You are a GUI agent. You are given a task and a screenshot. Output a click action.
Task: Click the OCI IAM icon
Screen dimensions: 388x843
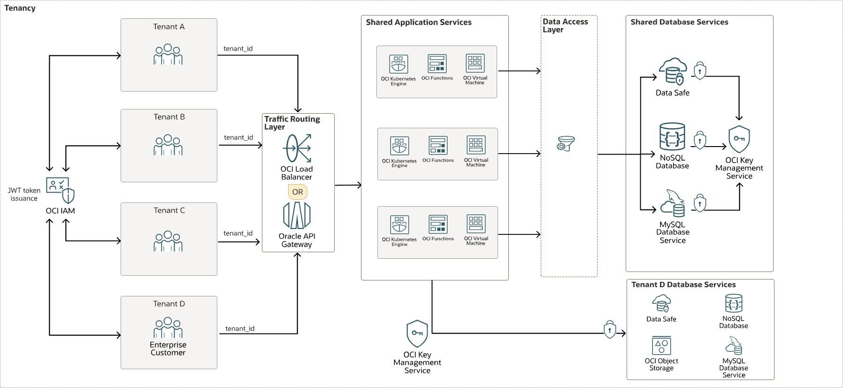pos(61,190)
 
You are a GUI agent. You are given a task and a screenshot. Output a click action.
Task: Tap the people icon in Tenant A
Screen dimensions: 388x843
pos(168,54)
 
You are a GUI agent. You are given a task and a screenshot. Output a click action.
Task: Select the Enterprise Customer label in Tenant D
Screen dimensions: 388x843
pos(168,349)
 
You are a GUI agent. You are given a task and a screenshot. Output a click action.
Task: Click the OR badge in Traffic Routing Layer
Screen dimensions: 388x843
pos(298,192)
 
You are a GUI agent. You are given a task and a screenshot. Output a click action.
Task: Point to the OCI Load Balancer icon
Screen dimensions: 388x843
pos(298,148)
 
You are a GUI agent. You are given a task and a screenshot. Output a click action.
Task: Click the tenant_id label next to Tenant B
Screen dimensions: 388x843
pos(238,137)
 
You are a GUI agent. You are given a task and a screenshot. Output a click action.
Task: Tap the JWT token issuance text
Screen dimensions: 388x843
pos(24,194)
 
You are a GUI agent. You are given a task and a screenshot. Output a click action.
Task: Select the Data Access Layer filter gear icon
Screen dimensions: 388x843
pos(566,143)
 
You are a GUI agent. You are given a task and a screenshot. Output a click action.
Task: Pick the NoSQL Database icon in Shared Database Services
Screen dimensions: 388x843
pos(672,137)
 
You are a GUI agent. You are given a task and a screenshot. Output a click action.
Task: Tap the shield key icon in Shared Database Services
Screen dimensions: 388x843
pos(739,139)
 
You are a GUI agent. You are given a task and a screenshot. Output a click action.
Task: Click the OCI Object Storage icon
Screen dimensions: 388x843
pos(661,346)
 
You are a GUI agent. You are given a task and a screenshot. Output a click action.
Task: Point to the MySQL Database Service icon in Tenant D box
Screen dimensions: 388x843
pos(734,346)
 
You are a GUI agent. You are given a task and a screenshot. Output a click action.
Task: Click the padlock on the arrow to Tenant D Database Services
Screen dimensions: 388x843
pos(609,330)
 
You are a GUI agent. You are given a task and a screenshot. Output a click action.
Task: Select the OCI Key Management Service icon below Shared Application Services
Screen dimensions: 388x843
pos(417,334)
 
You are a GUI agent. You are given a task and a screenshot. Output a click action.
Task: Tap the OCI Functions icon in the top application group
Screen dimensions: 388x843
pos(437,63)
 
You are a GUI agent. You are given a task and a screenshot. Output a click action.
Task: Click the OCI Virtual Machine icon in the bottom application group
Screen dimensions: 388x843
pos(476,224)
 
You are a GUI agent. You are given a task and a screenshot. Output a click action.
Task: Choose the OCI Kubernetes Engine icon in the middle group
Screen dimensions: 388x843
pos(399,146)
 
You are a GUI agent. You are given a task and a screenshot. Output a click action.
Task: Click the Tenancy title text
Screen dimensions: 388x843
pos(20,8)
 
